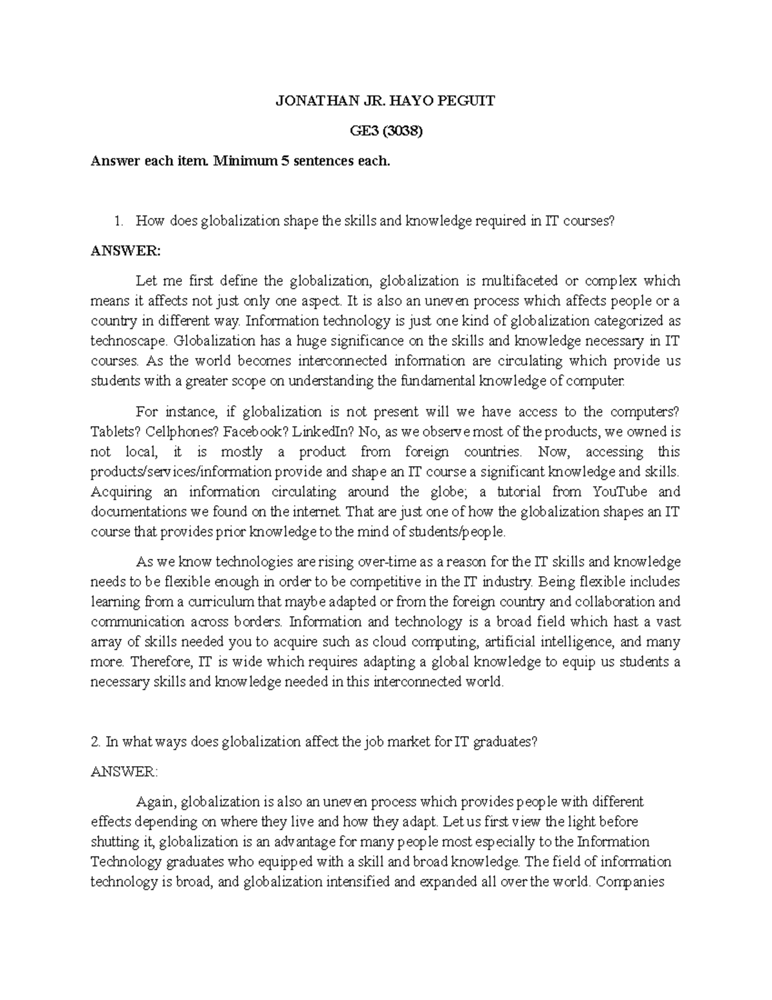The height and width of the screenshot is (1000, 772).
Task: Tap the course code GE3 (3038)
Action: coord(385,131)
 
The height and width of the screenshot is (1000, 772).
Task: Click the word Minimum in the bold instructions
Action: coord(244,161)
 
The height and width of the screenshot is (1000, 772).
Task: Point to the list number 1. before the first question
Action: coord(118,221)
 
